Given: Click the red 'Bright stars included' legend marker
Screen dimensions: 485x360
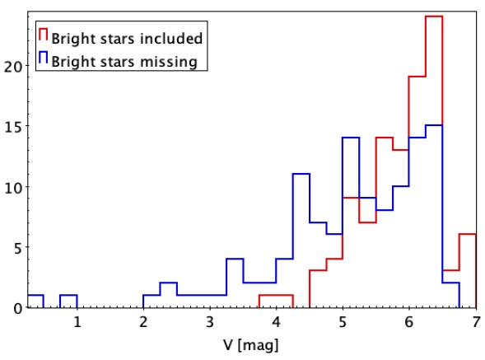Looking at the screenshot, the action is [x=44, y=34].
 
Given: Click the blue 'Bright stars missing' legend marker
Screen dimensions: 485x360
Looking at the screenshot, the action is [x=44, y=58].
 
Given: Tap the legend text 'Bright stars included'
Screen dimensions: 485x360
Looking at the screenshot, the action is [x=127, y=39].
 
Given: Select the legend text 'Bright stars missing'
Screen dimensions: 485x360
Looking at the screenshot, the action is [x=124, y=61].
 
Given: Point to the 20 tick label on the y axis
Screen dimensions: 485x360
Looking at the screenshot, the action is [x=14, y=66].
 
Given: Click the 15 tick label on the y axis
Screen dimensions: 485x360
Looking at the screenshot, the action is [x=14, y=126].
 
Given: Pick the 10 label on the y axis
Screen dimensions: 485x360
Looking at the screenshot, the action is [x=14, y=187].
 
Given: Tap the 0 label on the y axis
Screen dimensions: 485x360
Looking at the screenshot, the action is [x=18, y=308].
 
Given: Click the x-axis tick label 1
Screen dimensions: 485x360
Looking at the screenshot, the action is [x=77, y=322].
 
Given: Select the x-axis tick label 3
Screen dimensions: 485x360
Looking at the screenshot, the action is [x=210, y=322].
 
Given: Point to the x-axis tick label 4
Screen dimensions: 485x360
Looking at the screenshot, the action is [x=276, y=322].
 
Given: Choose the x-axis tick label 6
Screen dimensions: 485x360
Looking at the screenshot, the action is [x=409, y=322].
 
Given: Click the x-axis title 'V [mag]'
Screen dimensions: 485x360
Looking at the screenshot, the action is [x=250, y=345].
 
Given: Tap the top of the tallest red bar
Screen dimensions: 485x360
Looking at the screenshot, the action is [x=434, y=16].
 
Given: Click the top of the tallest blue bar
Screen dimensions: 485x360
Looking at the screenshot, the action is [x=434, y=125].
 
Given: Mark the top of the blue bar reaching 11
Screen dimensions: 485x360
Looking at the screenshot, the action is [x=301, y=174].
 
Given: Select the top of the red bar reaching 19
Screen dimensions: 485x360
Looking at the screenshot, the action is [x=417, y=77].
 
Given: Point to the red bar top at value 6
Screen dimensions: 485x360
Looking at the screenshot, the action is [x=468, y=234].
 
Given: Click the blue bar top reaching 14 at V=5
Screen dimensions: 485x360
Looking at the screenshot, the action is [x=351, y=137].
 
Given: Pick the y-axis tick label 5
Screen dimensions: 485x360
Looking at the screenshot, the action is [x=18, y=248].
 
